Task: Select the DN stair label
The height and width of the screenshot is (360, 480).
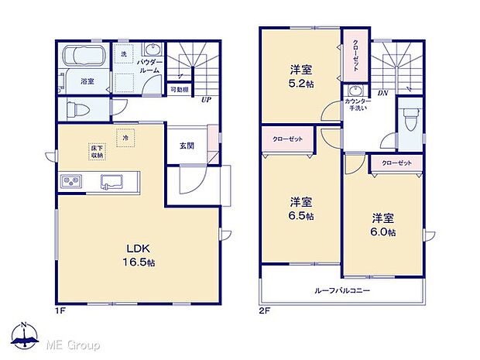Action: (382, 93)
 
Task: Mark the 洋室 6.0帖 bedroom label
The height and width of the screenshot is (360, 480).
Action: (382, 225)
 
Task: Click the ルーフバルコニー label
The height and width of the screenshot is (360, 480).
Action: (342, 291)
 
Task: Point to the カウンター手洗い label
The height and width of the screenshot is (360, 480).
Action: (356, 105)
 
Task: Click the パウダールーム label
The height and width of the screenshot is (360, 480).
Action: (149, 65)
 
